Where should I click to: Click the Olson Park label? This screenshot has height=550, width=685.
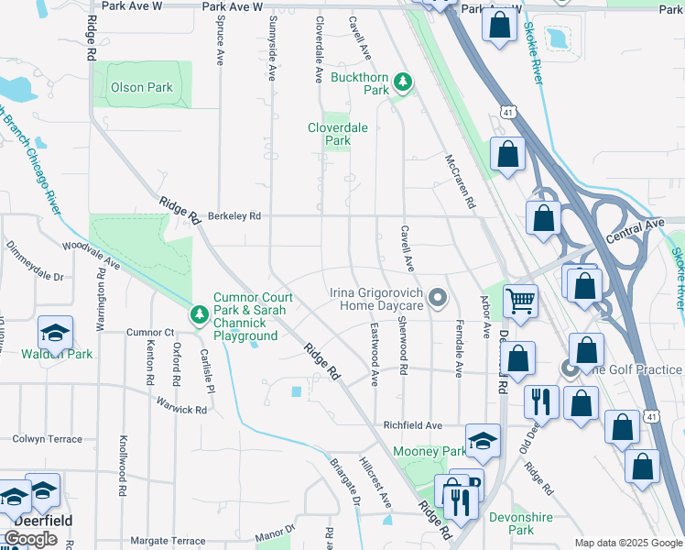tap(141, 88)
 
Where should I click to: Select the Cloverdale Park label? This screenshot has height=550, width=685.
tap(337, 135)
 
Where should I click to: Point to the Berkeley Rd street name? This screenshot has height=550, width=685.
tap(234, 216)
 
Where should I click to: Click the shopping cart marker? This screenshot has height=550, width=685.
tap(520, 300)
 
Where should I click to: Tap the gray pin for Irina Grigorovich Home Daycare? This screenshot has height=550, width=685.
tap(439, 298)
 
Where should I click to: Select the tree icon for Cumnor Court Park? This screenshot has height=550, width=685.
tap(200, 314)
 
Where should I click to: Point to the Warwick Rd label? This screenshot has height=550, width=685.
tap(181, 404)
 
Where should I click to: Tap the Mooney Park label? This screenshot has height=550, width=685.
tap(429, 451)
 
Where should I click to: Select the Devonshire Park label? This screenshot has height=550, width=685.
tap(521, 523)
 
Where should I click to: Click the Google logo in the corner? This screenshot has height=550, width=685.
tap(30, 539)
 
